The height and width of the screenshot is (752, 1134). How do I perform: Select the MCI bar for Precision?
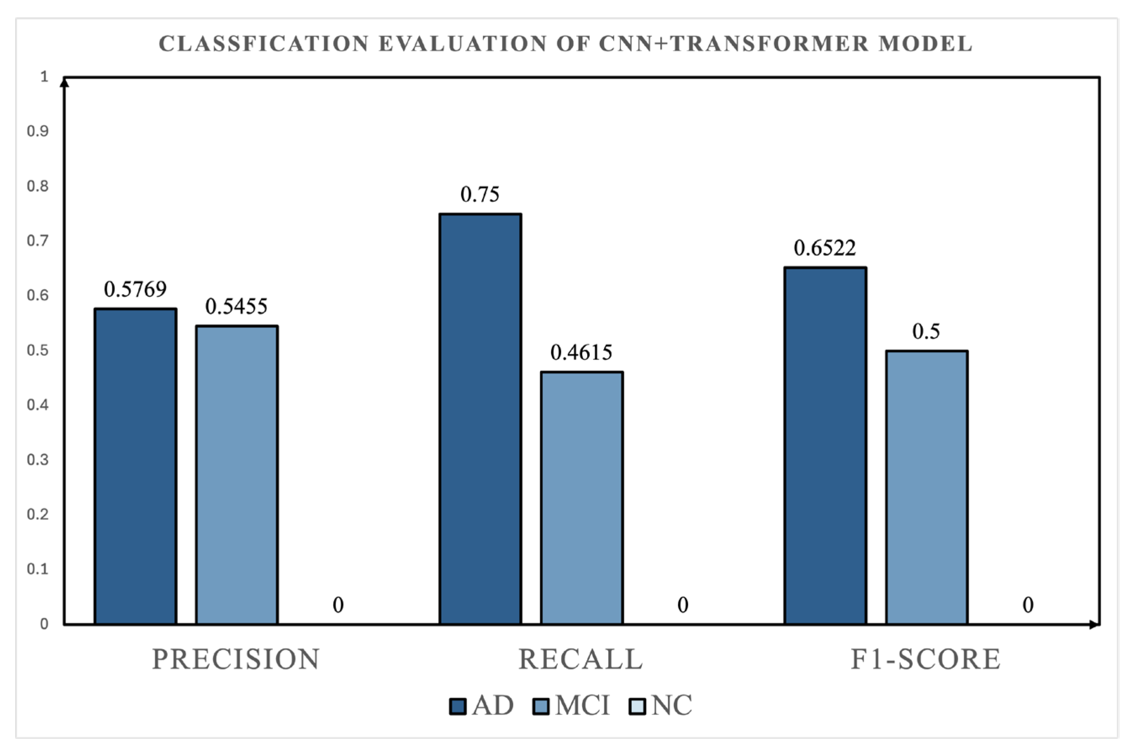237,475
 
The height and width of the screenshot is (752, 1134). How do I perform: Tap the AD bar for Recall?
480,418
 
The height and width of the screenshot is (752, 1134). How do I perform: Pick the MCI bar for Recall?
582,498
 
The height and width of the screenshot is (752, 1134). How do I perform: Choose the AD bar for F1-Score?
826,445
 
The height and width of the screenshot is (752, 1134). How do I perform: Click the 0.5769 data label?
135,289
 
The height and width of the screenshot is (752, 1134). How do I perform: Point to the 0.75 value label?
480,194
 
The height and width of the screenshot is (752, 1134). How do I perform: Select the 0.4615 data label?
581,352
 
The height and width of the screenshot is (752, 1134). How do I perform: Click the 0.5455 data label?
236,307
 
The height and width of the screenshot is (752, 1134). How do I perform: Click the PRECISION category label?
236,659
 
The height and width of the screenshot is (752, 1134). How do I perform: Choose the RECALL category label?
580,659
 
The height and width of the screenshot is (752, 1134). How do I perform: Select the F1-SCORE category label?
925,659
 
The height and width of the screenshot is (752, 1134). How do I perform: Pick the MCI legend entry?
571,705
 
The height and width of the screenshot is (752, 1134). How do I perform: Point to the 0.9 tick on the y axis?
38,131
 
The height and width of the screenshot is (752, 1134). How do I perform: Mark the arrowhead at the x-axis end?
1094,625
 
